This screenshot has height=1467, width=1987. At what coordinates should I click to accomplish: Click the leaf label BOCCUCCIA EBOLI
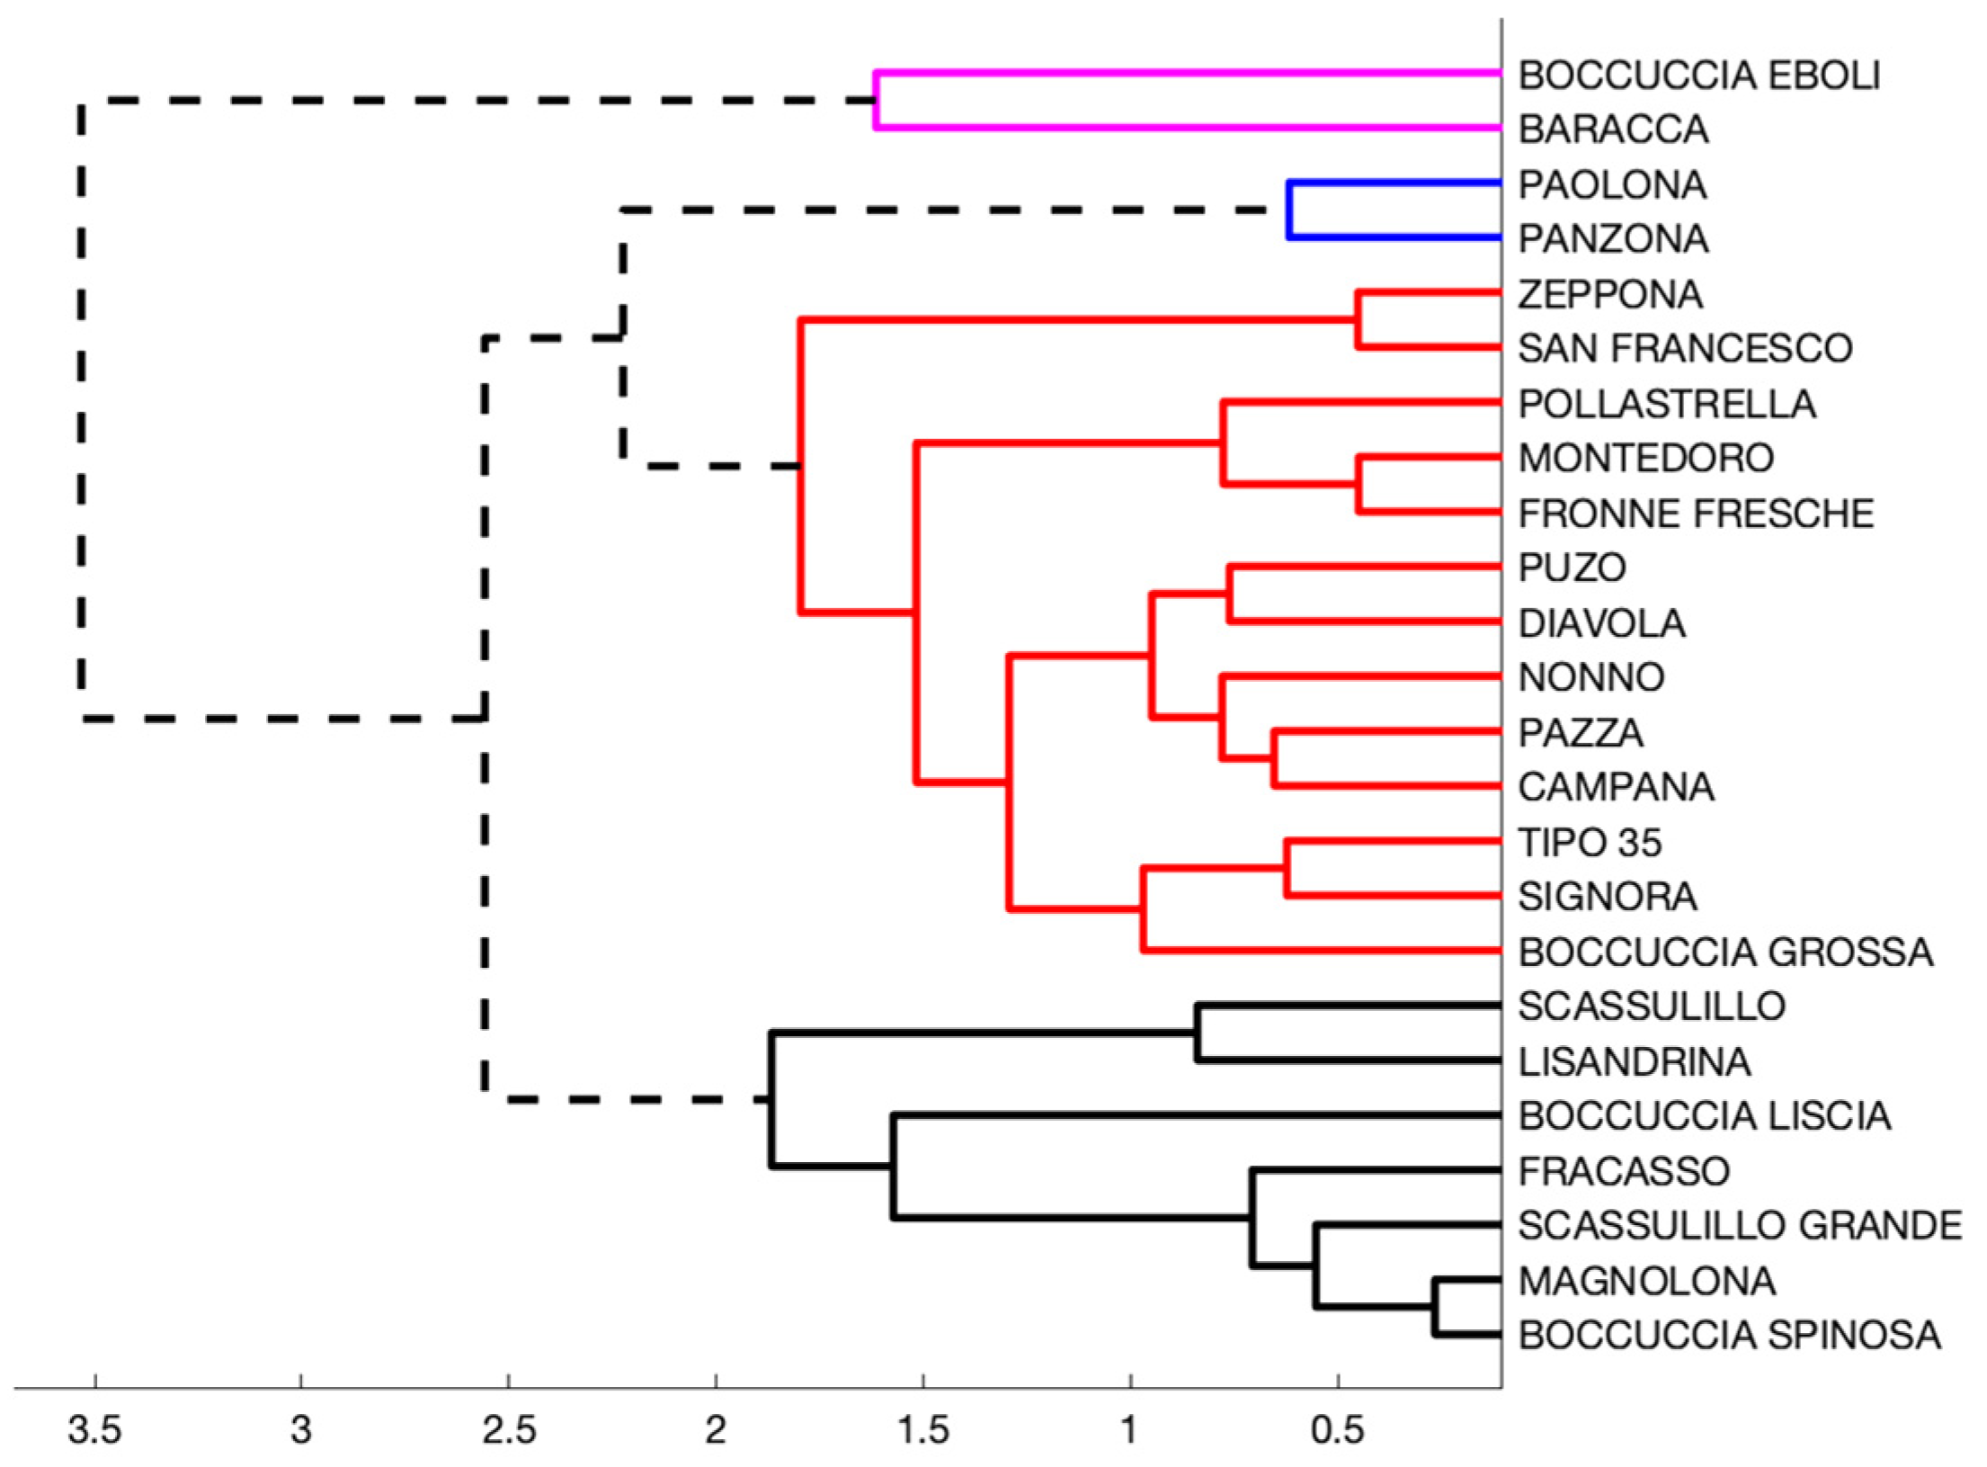pyautogui.click(x=1698, y=76)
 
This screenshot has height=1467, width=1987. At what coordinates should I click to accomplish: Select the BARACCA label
pyautogui.click(x=1613, y=130)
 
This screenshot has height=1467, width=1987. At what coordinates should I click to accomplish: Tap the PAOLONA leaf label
pyautogui.click(x=1612, y=185)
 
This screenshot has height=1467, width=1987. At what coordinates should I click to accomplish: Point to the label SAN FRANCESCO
pyautogui.click(x=1685, y=349)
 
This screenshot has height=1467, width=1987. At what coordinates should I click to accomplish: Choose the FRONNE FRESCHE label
pyautogui.click(x=1696, y=514)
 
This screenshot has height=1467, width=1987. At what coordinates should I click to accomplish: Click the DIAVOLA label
pyautogui.click(x=1601, y=623)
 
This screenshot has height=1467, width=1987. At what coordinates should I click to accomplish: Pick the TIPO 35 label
pyautogui.click(x=1590, y=843)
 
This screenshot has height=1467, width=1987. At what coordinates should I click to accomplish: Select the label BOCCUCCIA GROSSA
pyautogui.click(x=1725, y=953)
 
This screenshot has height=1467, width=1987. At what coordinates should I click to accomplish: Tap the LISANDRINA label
pyautogui.click(x=1635, y=1062)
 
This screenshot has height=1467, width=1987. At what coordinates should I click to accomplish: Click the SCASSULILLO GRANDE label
pyautogui.click(x=1740, y=1226)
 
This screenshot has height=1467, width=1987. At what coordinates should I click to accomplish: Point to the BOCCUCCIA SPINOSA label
pyautogui.click(x=1729, y=1336)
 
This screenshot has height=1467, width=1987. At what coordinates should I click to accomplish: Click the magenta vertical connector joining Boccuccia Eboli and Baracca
pyautogui.click(x=876, y=101)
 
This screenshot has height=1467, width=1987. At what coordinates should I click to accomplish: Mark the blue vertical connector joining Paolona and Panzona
pyautogui.click(x=1289, y=210)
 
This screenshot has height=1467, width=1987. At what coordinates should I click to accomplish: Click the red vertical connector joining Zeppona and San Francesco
pyautogui.click(x=1359, y=319)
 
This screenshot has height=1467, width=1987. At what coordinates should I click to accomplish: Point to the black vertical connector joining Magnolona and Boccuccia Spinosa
pyautogui.click(x=1435, y=1306)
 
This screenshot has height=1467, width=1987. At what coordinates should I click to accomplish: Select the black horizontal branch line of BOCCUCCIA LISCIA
pyautogui.click(x=1196, y=1116)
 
